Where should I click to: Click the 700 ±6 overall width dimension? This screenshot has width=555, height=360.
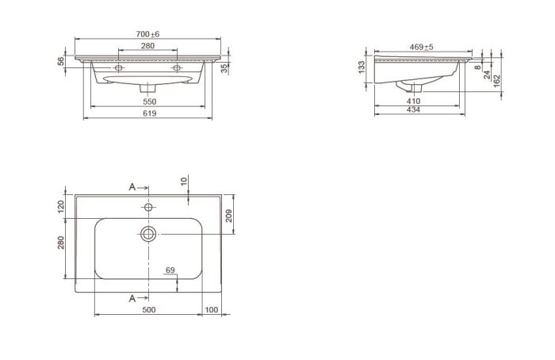[x=147, y=34]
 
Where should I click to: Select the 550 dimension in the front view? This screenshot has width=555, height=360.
[x=149, y=101]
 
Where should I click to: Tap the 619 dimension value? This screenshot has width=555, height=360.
[x=149, y=113]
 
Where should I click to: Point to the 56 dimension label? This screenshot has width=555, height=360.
[x=61, y=61]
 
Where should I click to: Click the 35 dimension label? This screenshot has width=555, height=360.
[x=224, y=68]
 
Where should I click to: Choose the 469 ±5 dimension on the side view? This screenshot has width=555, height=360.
[x=421, y=47]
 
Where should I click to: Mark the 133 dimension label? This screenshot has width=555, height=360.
[x=362, y=67]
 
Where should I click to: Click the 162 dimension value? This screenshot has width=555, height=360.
[x=496, y=81]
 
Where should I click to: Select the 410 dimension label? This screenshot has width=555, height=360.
[x=413, y=101]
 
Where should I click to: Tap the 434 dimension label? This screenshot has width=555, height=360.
[x=413, y=109]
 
